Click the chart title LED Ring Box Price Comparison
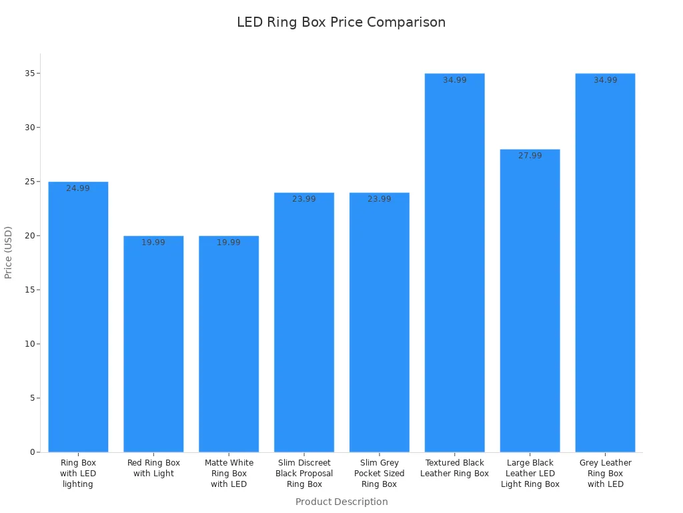tap(341, 22)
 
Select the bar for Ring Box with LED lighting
tap(78, 317)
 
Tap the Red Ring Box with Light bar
tap(153, 344)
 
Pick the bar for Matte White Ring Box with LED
tap(229, 344)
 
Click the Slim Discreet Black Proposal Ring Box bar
tap(304, 323)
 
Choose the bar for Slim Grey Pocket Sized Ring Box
tap(380, 323)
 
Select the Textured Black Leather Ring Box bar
tap(455, 263)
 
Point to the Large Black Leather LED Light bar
tap(530, 301)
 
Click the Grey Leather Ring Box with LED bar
tap(606, 263)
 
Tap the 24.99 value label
tap(78, 188)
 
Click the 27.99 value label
tap(530, 156)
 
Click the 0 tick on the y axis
tap(31, 452)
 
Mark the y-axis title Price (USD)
tap(9, 252)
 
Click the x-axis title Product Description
tap(341, 502)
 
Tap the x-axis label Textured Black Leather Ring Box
tap(455, 468)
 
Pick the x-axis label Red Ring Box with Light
tap(153, 468)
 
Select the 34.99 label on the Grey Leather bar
tap(606, 80)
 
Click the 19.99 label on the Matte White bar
tap(229, 242)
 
